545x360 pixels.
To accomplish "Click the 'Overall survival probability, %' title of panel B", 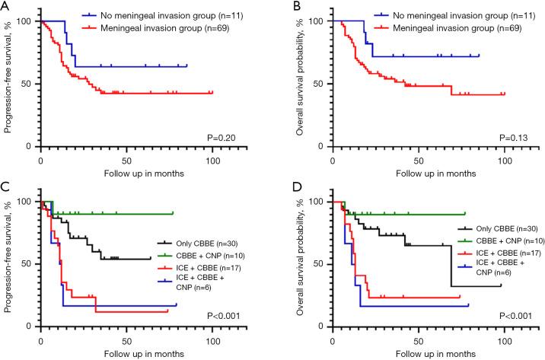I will (296, 75).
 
